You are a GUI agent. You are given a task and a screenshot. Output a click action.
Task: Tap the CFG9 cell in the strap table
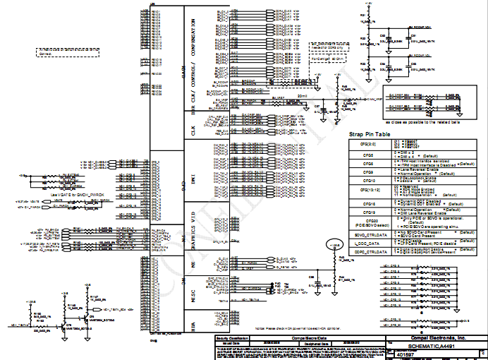pyautogui.click(x=368, y=171)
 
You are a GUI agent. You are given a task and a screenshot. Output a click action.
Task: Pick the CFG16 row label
pyautogui.click(x=368, y=203)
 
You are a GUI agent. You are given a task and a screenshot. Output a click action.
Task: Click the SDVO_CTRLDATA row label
pyautogui.click(x=368, y=233)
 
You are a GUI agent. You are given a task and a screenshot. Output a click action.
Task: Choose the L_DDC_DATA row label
pyautogui.click(x=368, y=241)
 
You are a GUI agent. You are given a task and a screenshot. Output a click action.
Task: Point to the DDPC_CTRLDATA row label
pyautogui.click(x=368, y=250)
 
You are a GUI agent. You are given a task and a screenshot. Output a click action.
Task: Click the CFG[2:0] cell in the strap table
pyautogui.click(x=368, y=143)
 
